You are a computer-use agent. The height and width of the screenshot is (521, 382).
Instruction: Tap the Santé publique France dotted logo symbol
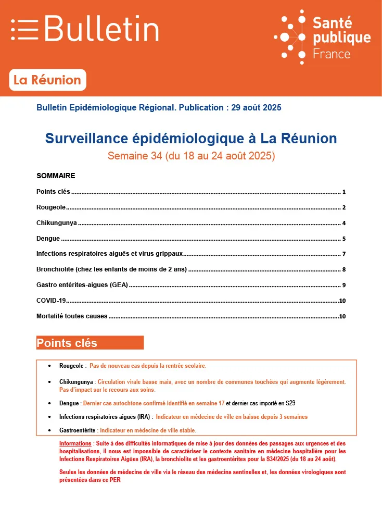pyautogui.click(x=292, y=37)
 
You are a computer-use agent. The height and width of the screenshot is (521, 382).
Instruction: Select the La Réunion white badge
pyautogui.click(x=47, y=80)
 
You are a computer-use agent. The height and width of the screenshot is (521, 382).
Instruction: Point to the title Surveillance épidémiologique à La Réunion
pyautogui.click(x=191, y=139)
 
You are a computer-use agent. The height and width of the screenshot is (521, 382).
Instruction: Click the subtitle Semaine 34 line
pyautogui.click(x=191, y=155)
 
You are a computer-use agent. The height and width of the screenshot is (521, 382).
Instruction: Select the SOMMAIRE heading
pyautogui.click(x=56, y=176)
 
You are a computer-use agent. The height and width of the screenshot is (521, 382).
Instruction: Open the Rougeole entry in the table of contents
pyautogui.click(x=51, y=207)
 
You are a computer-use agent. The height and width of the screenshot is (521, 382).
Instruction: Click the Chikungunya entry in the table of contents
pyautogui.click(x=57, y=223)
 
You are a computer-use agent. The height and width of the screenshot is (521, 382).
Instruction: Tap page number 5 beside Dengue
pyautogui.click(x=344, y=239)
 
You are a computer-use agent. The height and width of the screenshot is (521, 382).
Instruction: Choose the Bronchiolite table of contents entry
pyautogui.click(x=111, y=270)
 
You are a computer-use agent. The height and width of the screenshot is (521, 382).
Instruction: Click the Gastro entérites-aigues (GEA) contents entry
pyautogui.click(x=82, y=286)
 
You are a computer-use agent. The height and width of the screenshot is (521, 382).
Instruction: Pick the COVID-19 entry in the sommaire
pyautogui.click(x=51, y=301)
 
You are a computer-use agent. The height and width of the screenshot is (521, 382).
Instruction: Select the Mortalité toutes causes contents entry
pyautogui.click(x=72, y=316)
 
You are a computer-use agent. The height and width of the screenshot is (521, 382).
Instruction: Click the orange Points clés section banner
pyautogui.click(x=90, y=343)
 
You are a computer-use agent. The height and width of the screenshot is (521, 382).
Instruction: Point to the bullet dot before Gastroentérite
pyautogui.click(x=49, y=431)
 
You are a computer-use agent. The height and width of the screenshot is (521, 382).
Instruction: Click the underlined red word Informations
pyautogui.click(x=75, y=443)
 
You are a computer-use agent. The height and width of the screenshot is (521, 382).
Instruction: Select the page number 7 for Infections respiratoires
pyautogui.click(x=344, y=255)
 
